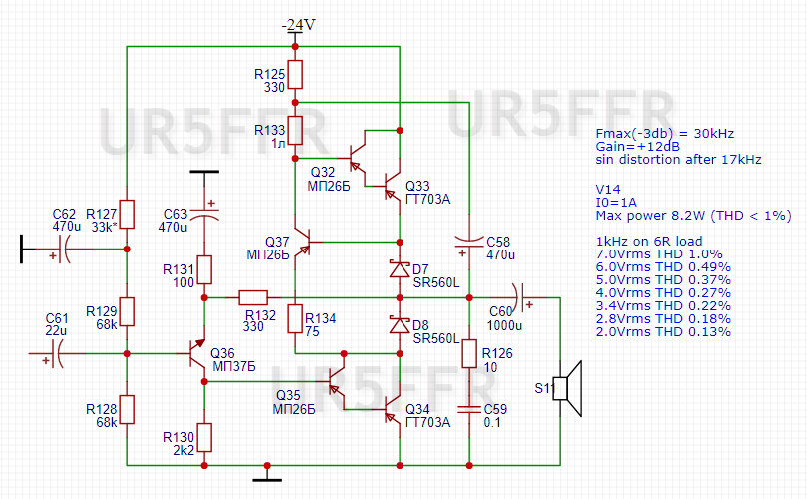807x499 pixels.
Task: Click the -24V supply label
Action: pos(295,25)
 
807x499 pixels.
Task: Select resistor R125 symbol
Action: pos(295,75)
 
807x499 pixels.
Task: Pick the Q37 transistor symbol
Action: pos(305,242)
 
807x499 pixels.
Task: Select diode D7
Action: pos(399,269)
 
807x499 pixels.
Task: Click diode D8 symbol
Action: pos(399,325)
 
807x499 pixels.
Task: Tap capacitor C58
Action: pos(468,241)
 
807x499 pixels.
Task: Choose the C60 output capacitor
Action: pos(525,297)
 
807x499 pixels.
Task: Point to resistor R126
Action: pos(468,354)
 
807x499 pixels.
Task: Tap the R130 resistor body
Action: pos(204,437)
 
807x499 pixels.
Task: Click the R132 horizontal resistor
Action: pos(252,297)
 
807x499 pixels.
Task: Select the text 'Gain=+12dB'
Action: pos(637,146)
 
